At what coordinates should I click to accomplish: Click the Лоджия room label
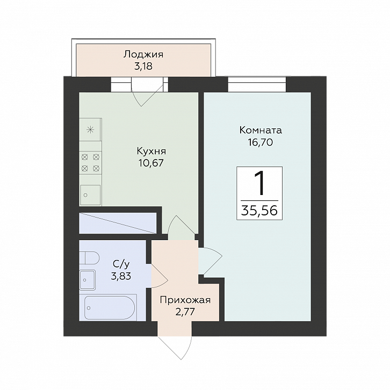coord(143,55)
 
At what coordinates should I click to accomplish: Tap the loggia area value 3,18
coord(143,67)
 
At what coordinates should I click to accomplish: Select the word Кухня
coord(151,151)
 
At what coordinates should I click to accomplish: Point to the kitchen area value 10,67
coord(151,163)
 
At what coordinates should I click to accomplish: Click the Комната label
coord(261,130)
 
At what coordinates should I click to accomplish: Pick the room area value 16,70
coord(261,142)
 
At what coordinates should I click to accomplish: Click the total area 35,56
coord(259,211)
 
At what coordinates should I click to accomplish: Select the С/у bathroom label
coord(121,264)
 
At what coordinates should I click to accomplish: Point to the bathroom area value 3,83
coord(121,276)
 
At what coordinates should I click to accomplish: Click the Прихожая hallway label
coord(185,300)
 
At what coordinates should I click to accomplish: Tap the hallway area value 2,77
coord(185,312)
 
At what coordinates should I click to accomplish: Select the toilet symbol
coord(89,258)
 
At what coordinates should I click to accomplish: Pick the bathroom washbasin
coord(88,280)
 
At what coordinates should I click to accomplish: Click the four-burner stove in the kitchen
coord(91,163)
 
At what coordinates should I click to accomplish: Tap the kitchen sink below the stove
coord(90,195)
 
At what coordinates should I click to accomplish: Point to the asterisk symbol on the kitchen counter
coord(90,129)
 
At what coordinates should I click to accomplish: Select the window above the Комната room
coord(257,85)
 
